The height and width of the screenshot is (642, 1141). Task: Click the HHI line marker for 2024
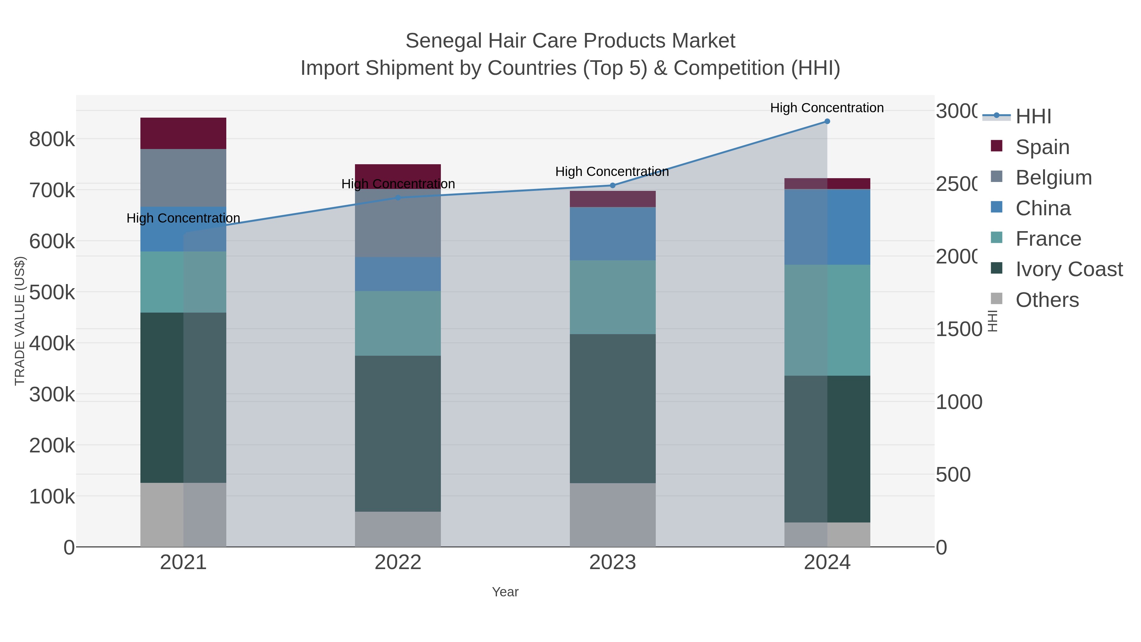point(827,121)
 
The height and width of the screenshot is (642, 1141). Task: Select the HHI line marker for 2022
point(398,198)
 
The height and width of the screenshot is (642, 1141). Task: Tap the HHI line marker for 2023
point(613,185)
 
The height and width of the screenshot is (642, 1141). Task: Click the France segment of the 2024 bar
point(827,320)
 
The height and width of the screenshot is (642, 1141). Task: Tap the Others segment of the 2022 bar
point(398,529)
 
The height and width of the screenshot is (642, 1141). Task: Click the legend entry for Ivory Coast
point(1069,269)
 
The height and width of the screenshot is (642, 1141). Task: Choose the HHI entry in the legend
point(1033,117)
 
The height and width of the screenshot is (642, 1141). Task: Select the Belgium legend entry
point(1053,178)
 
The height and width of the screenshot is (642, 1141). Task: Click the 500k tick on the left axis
point(52,292)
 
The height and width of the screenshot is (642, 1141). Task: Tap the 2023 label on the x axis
point(613,563)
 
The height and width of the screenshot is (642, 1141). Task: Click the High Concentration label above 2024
point(827,108)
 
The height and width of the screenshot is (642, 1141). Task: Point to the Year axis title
point(505,592)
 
